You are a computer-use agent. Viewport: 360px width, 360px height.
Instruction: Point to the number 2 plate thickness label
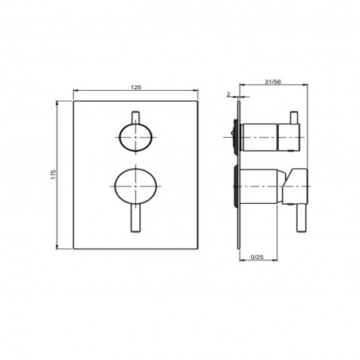pyautogui.click(x=228, y=94)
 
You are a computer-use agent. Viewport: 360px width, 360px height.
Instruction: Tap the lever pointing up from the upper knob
pyautogui.click(x=137, y=117)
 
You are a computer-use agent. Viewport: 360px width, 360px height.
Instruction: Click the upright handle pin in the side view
pyautogui.click(x=295, y=119)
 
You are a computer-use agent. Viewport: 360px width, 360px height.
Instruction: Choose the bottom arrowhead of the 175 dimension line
pyautogui.click(x=61, y=247)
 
